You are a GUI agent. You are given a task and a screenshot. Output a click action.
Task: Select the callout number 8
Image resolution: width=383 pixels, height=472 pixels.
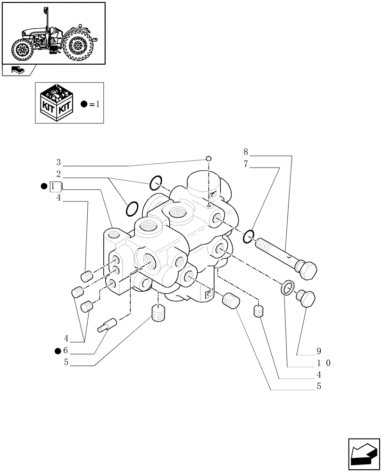coord(246,152)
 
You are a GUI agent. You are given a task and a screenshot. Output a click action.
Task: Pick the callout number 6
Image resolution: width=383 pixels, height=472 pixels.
coord(65,350)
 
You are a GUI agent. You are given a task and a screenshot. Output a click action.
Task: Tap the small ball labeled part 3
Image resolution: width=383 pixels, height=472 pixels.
coord(208,159)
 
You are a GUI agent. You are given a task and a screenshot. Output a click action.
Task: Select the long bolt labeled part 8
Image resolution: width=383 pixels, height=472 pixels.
coord(285,258)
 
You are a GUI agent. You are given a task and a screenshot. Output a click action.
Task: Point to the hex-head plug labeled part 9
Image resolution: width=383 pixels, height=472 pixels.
coord(306,298)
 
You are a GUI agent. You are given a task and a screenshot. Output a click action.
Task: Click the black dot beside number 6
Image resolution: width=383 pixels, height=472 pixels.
coord(58,350)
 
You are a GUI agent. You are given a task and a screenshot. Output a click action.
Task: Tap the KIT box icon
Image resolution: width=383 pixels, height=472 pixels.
coord(57,102)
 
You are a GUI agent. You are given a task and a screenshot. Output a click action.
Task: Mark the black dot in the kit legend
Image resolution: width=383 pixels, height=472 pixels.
coord(83,104)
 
